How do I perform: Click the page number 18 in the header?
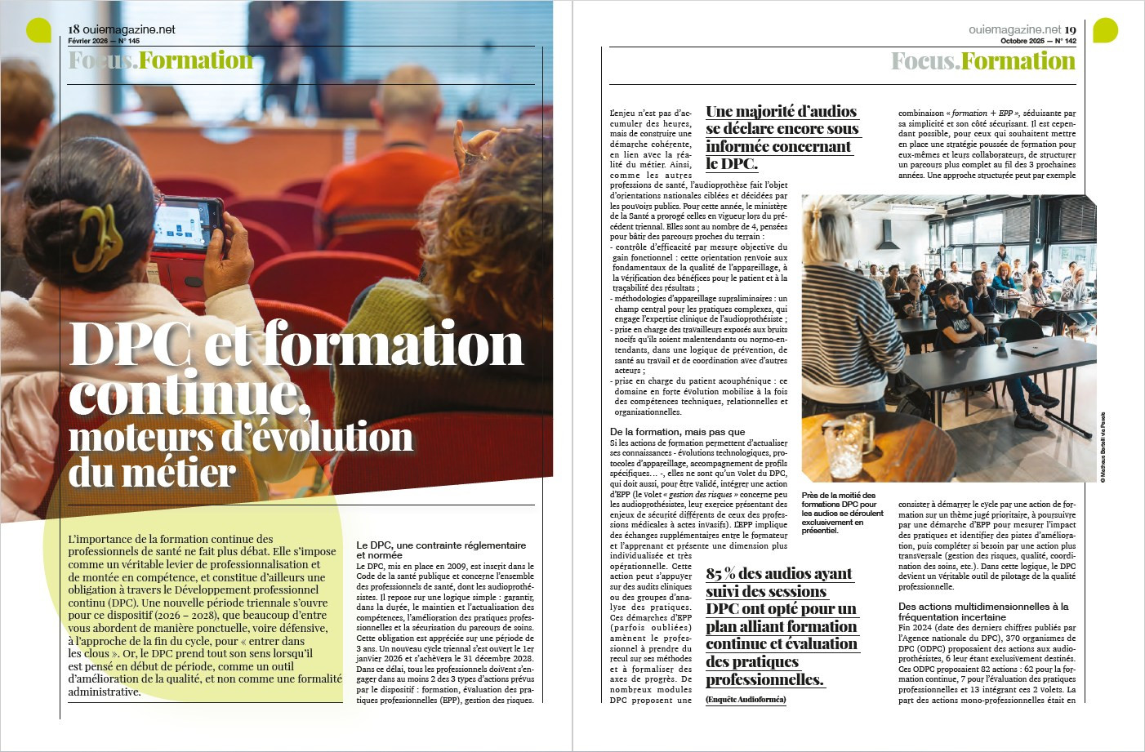click(x=74, y=29)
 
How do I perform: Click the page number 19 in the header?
click(x=1070, y=29)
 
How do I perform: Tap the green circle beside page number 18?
click(x=38, y=30)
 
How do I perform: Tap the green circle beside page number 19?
click(x=1105, y=30)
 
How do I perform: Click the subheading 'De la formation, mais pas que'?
click(x=677, y=431)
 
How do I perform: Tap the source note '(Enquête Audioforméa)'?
click(x=746, y=699)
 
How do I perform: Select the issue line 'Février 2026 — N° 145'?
click(x=104, y=41)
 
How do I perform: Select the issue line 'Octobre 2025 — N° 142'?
click(x=1038, y=41)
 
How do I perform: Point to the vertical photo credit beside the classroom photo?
click(x=1102, y=446)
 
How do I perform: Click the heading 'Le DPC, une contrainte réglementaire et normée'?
click(x=441, y=550)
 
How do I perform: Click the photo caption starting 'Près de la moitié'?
click(x=841, y=513)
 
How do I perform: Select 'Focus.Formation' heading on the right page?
click(x=982, y=61)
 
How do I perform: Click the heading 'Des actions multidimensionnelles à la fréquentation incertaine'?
click(x=983, y=612)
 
